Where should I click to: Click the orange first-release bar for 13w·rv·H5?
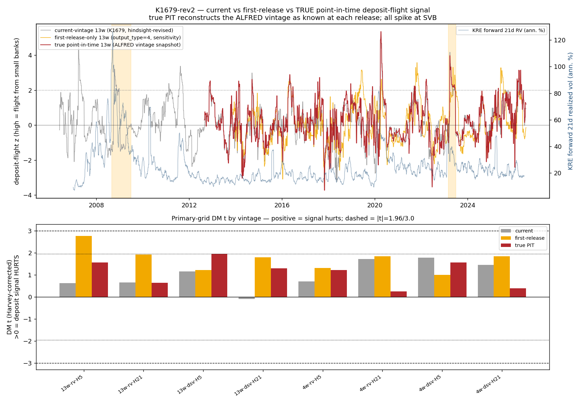coord(84,266)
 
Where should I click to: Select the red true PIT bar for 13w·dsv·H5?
coord(219,276)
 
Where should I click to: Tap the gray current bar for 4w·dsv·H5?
coord(426,277)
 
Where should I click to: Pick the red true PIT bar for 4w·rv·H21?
coord(398,294)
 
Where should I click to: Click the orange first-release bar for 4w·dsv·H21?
coord(502,277)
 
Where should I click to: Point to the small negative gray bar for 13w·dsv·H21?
coord(246,298)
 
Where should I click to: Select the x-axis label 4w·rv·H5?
coord(312,382)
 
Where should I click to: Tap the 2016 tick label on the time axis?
coord(282,205)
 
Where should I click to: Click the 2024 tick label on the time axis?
coord(468,205)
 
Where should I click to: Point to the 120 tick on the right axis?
coord(559,40)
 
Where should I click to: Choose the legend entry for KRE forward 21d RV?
coord(502,30)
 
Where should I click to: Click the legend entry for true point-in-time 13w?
coord(110,45)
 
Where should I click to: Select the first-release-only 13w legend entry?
coord(110,38)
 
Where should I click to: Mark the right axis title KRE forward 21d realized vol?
coord(570,111)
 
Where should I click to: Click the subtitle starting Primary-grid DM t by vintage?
coord(293,218)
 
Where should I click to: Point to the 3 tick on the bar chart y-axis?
coord(30,231)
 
